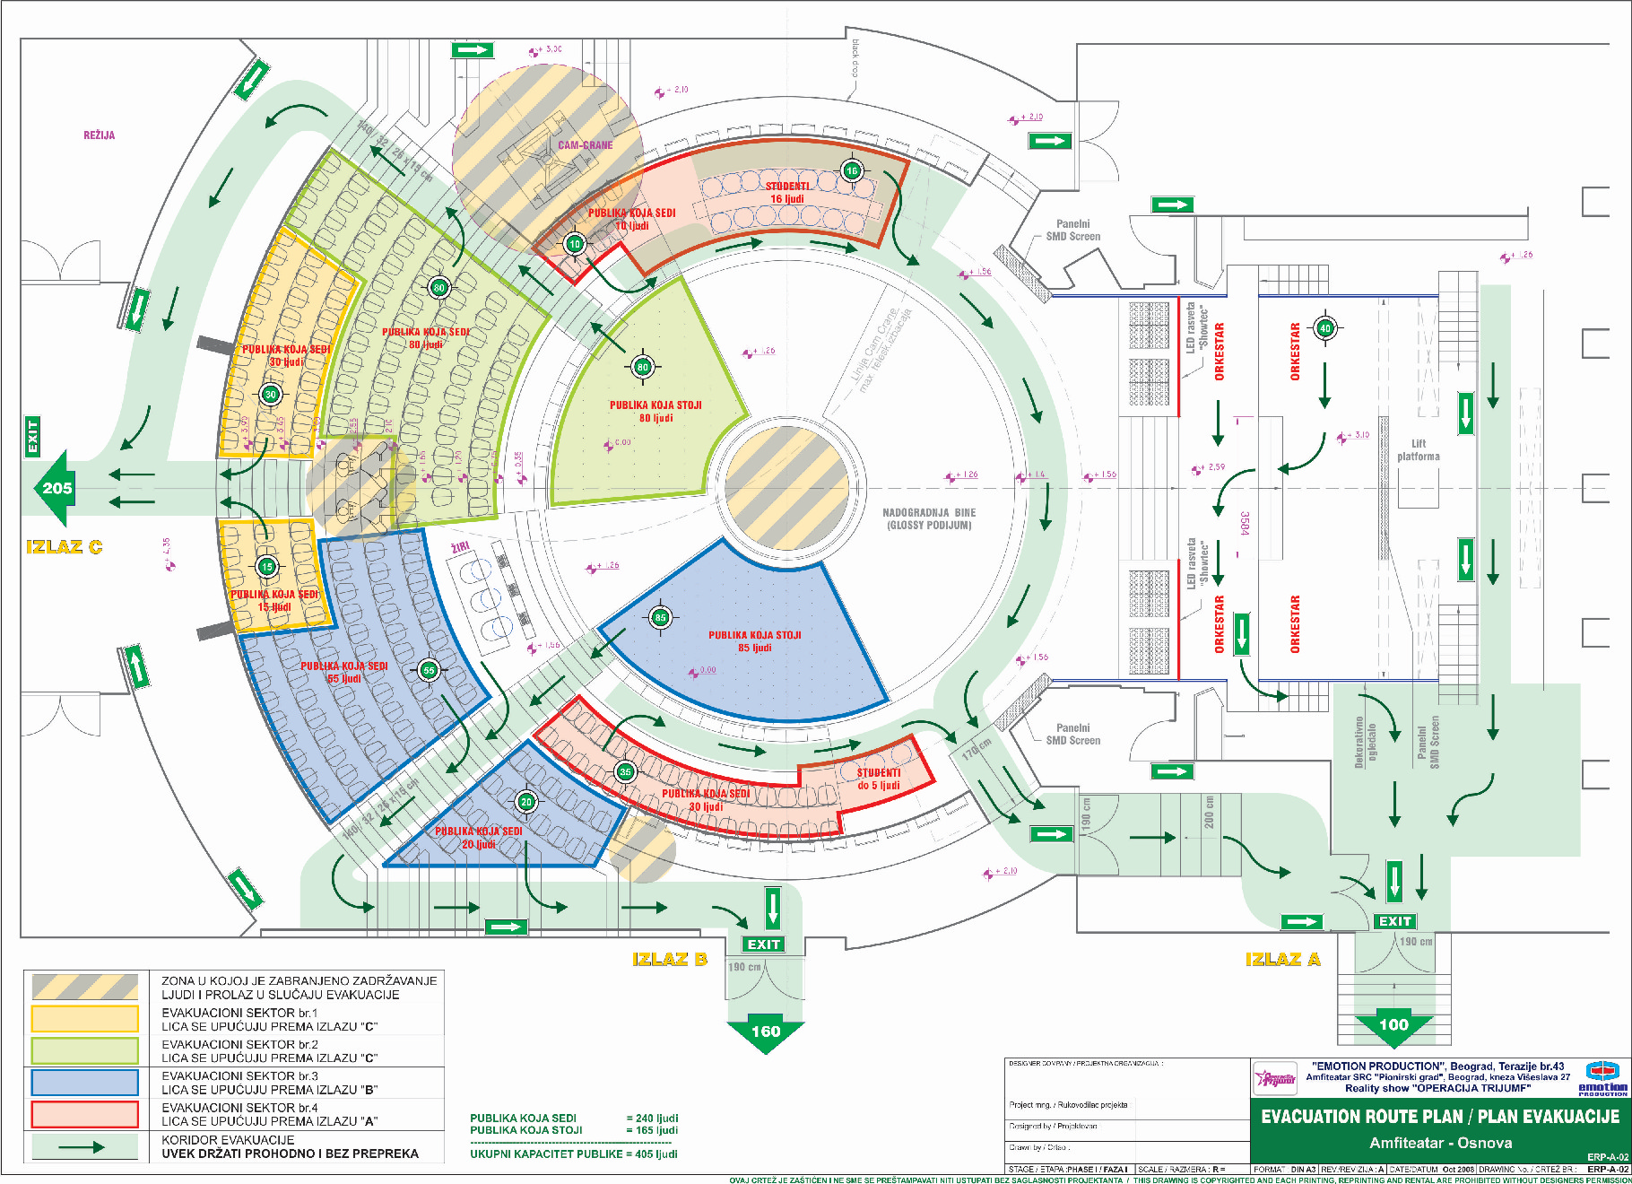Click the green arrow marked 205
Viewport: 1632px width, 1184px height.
(55, 488)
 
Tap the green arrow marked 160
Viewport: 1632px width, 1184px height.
(765, 1032)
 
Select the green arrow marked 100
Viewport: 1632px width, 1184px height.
(1393, 1026)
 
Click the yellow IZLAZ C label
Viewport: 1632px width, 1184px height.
(64, 547)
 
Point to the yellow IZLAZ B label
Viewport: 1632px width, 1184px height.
(670, 959)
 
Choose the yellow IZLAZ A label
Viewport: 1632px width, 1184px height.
(1283, 960)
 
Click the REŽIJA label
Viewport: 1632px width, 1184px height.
(99, 135)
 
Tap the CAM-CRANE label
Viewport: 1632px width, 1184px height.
(586, 145)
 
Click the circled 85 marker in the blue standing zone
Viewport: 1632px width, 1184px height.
(661, 617)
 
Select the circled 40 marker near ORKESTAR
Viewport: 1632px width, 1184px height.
(1325, 328)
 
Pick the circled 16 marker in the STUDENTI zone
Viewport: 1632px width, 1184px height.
(852, 170)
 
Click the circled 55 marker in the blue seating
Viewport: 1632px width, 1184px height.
(429, 670)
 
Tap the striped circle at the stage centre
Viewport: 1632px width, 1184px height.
(786, 488)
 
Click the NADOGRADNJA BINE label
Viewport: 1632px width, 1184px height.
(929, 518)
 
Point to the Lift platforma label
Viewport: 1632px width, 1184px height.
(1418, 450)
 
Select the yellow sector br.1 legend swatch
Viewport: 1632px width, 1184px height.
(85, 1019)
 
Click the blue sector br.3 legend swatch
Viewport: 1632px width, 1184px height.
(85, 1083)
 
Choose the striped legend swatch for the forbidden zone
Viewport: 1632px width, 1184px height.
(85, 987)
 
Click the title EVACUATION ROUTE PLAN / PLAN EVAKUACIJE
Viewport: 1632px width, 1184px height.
(1440, 1117)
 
